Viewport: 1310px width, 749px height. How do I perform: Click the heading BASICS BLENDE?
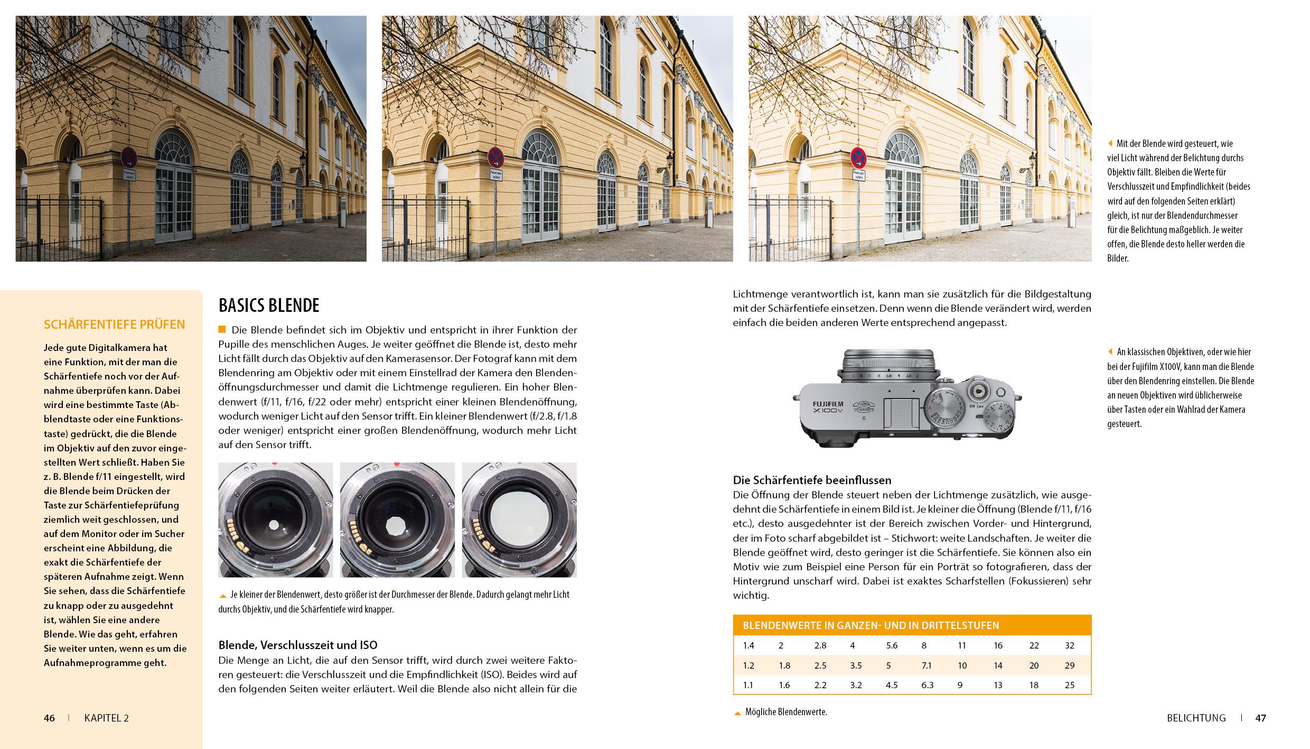(269, 306)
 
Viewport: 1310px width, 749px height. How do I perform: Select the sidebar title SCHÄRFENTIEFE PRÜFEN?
(114, 325)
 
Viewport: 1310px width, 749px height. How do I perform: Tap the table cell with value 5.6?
(892, 645)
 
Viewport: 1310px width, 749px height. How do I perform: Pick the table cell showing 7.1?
(927, 665)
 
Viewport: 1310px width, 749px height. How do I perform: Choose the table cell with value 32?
(1070, 645)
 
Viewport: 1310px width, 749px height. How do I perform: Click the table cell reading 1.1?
(748, 685)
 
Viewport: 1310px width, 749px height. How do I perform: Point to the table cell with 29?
(1070, 665)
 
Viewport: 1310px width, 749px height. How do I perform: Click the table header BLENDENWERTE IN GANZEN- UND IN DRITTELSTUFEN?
(871, 625)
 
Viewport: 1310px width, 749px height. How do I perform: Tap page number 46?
(49, 718)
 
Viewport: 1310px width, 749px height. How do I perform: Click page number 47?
(1261, 718)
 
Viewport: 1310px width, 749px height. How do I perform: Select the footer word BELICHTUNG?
(1196, 718)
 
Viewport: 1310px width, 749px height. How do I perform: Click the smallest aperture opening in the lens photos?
(274, 539)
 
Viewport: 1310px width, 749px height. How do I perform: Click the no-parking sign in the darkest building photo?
(128, 156)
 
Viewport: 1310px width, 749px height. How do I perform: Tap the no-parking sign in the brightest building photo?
(858, 156)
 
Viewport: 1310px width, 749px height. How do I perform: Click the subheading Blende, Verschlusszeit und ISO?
(298, 645)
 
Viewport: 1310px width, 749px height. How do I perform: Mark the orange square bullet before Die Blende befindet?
(222, 330)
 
